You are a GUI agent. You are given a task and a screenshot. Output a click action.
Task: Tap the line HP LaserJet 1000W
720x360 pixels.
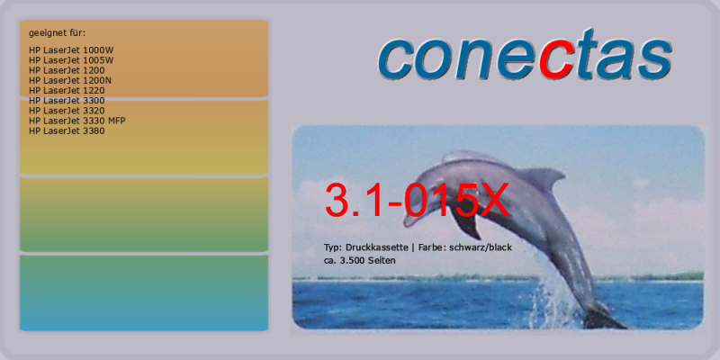tap(71, 50)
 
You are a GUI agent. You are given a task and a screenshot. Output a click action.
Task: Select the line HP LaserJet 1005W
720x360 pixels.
tap(71, 60)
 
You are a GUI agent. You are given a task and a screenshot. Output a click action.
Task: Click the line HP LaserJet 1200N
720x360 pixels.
tap(70, 81)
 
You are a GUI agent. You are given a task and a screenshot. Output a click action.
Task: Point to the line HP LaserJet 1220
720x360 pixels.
tap(67, 91)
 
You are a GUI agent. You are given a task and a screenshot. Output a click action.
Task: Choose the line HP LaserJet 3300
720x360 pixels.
tap(67, 101)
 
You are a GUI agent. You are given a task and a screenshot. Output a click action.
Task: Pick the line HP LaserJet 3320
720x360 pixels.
tap(67, 111)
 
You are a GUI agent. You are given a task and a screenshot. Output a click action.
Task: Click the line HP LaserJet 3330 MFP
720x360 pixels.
tap(76, 121)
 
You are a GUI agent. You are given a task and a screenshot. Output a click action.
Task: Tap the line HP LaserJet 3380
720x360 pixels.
tap(67, 130)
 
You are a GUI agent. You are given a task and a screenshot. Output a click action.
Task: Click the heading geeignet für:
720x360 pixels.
tap(57, 33)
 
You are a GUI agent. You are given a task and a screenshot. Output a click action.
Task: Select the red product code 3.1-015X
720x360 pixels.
tap(418, 201)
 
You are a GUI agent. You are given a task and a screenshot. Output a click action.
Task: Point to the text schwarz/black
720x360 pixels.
tap(481, 247)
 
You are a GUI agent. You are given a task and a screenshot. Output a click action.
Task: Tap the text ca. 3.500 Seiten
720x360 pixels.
tap(359, 260)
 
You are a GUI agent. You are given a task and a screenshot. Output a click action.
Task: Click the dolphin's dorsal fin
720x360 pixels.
tap(544, 176)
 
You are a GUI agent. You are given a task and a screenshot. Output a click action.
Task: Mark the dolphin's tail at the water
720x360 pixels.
tap(604, 317)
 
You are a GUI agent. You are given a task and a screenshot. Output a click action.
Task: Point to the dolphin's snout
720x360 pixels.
tap(409, 220)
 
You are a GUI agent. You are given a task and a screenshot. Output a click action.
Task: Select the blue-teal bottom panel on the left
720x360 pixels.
tap(144, 293)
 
